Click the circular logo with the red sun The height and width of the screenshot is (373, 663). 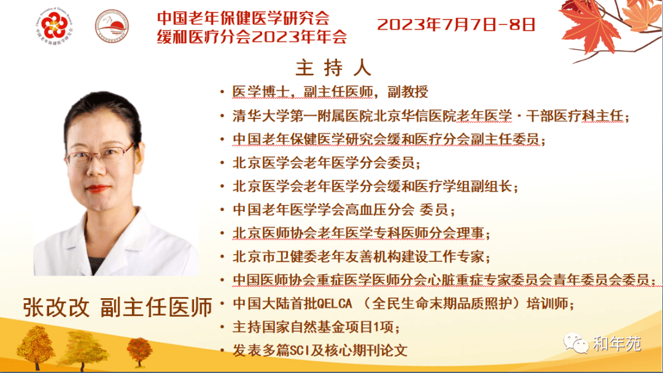click(112, 26)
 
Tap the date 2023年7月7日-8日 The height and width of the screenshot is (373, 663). click(456, 25)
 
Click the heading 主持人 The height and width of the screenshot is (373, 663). click(333, 67)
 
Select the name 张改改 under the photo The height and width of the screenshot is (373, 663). click(56, 307)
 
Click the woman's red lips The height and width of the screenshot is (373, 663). click(97, 188)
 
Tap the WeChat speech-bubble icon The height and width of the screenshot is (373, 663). click(575, 343)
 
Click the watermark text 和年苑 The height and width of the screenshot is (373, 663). click(617, 344)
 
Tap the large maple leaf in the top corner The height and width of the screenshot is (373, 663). click(591, 29)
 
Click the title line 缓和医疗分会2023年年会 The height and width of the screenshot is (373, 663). click(252, 37)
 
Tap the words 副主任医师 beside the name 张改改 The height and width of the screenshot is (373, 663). click(156, 307)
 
